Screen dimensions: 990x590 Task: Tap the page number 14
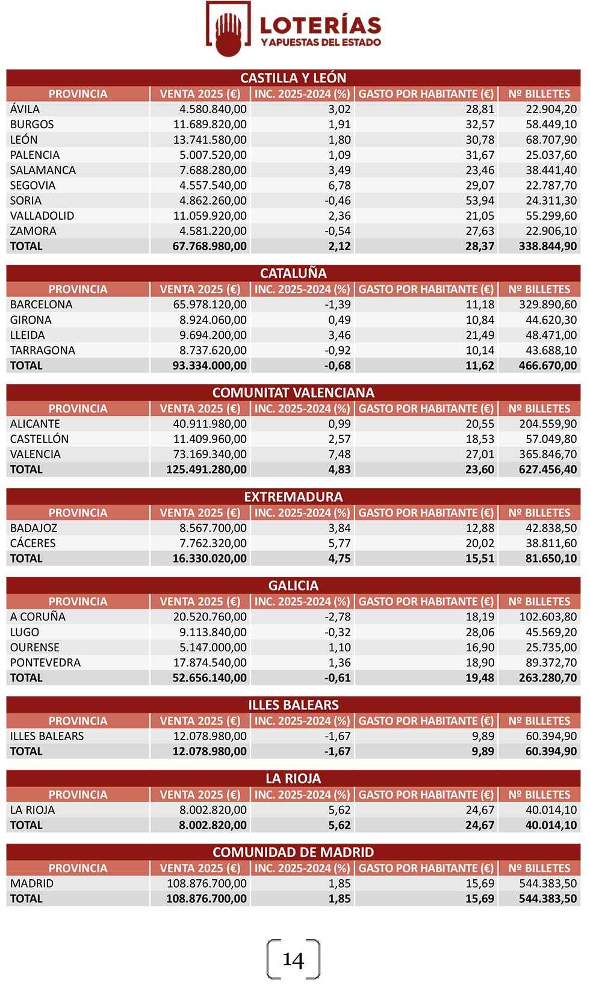(x=293, y=959)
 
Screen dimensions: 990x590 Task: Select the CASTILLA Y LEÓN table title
(x=293, y=78)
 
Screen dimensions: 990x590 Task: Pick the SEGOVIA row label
(x=33, y=185)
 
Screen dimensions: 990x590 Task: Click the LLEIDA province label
(x=27, y=335)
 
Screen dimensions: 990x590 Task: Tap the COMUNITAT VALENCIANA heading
(x=293, y=392)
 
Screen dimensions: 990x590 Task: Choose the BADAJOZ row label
(x=34, y=528)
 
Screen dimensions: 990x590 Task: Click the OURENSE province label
(x=34, y=648)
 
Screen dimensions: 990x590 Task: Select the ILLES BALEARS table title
(x=293, y=705)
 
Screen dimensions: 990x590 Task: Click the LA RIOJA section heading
(x=293, y=778)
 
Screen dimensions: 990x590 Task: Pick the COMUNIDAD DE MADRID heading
(x=293, y=852)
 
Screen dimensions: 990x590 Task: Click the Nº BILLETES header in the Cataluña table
(x=539, y=289)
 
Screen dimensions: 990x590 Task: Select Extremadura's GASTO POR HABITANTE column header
(x=426, y=513)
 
